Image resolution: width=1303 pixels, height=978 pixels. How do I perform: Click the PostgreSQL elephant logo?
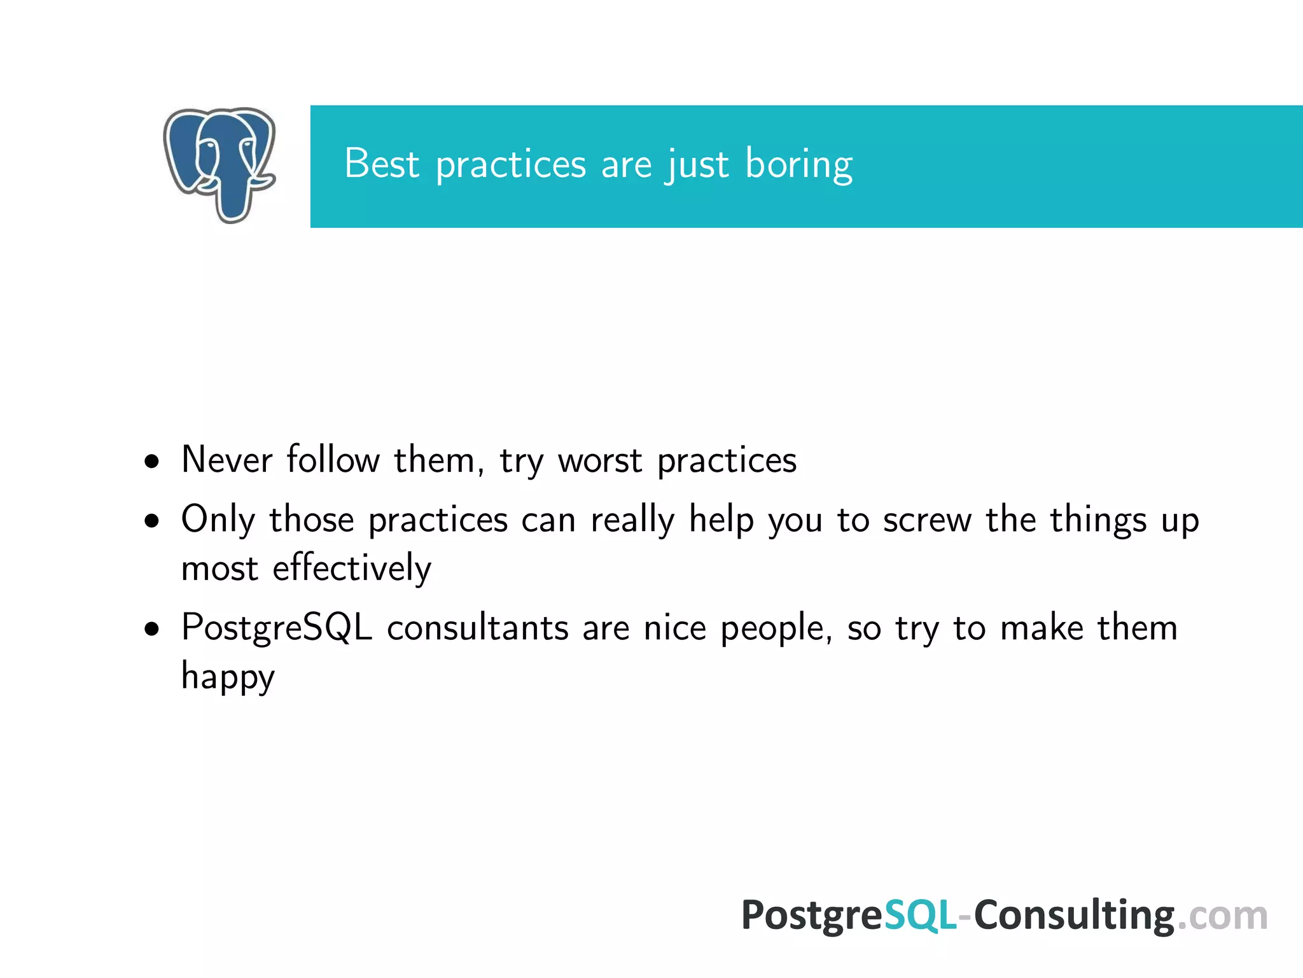(x=219, y=164)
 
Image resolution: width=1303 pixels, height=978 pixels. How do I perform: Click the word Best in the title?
(x=381, y=164)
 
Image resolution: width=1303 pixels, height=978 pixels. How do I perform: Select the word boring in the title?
(x=798, y=165)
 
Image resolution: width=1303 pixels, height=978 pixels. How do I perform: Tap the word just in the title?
(x=697, y=165)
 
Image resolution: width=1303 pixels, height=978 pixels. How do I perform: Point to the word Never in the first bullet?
(x=226, y=459)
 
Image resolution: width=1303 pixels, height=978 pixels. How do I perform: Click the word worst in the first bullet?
(x=600, y=460)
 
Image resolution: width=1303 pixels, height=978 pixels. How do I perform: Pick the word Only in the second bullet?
(x=217, y=520)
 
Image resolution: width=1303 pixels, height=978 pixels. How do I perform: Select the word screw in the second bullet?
(x=927, y=520)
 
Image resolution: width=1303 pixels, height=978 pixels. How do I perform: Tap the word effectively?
(x=352, y=568)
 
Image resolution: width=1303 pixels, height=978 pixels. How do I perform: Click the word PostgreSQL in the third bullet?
(x=276, y=628)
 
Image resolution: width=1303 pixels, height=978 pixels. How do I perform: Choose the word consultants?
(x=477, y=628)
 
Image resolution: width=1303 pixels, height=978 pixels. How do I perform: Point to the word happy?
(x=228, y=677)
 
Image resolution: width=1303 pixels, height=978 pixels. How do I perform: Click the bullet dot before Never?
(x=151, y=462)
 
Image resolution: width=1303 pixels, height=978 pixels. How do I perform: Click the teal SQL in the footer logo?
(x=920, y=916)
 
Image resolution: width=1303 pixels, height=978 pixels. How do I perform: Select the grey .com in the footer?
(x=1222, y=916)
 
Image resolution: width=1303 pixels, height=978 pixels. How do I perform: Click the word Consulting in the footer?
(x=1074, y=916)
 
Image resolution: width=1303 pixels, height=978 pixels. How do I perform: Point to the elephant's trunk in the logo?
(x=230, y=201)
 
